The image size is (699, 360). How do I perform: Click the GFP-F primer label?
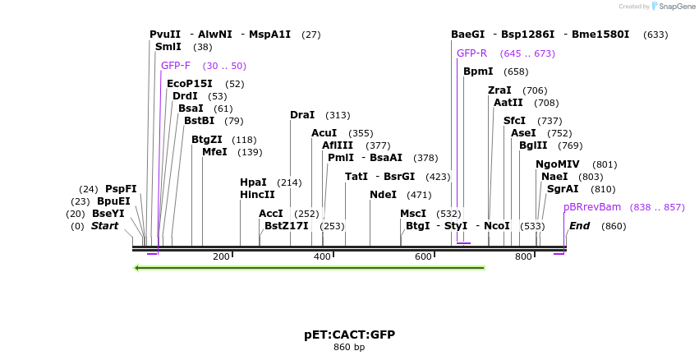pyautogui.click(x=176, y=66)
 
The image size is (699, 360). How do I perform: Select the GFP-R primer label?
pyautogui.click(x=471, y=53)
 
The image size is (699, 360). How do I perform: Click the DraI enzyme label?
pyautogui.click(x=301, y=115)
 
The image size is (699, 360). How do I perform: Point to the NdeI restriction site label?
pyautogui.click(x=383, y=195)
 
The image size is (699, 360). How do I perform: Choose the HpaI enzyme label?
pyautogui.click(x=253, y=182)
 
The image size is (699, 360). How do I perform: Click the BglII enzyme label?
pyautogui.click(x=532, y=145)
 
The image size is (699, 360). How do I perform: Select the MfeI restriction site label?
pyautogui.click(x=214, y=152)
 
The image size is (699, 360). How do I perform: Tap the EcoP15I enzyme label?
pyautogui.click(x=189, y=84)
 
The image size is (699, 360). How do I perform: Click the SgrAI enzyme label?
pyautogui.click(x=563, y=189)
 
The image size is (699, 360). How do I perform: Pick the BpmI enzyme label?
pyautogui.click(x=478, y=72)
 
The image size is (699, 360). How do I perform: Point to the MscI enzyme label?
pyautogui.click(x=413, y=214)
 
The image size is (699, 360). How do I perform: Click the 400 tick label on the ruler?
pyautogui.click(x=322, y=257)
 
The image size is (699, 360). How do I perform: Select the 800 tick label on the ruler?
pyautogui.click(x=523, y=257)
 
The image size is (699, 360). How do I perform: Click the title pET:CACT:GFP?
pyautogui.click(x=349, y=335)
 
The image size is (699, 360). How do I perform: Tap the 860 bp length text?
pyautogui.click(x=349, y=348)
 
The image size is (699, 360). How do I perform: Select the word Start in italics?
pyautogui.click(x=104, y=226)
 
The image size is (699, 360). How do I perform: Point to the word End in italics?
pyautogui.click(x=579, y=226)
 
